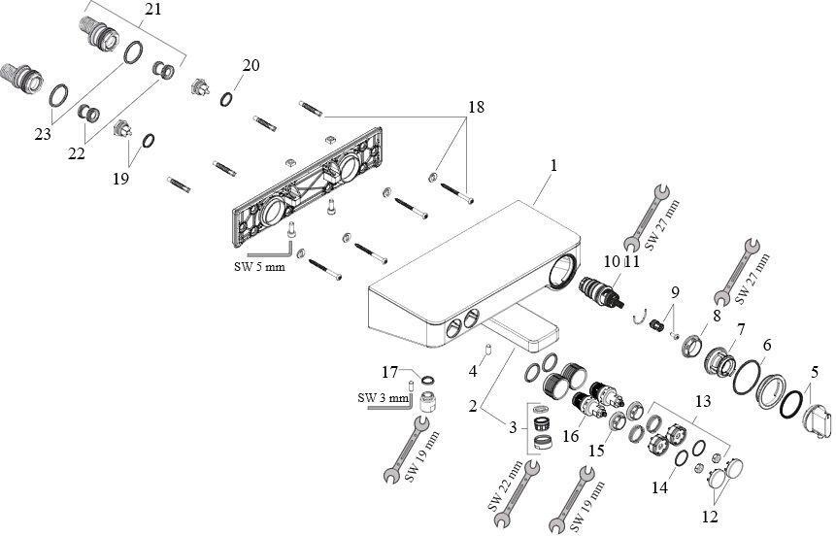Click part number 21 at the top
(152, 9)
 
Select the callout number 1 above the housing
(552, 166)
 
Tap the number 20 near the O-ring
(251, 65)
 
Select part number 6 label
(766, 345)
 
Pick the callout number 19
(121, 181)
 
